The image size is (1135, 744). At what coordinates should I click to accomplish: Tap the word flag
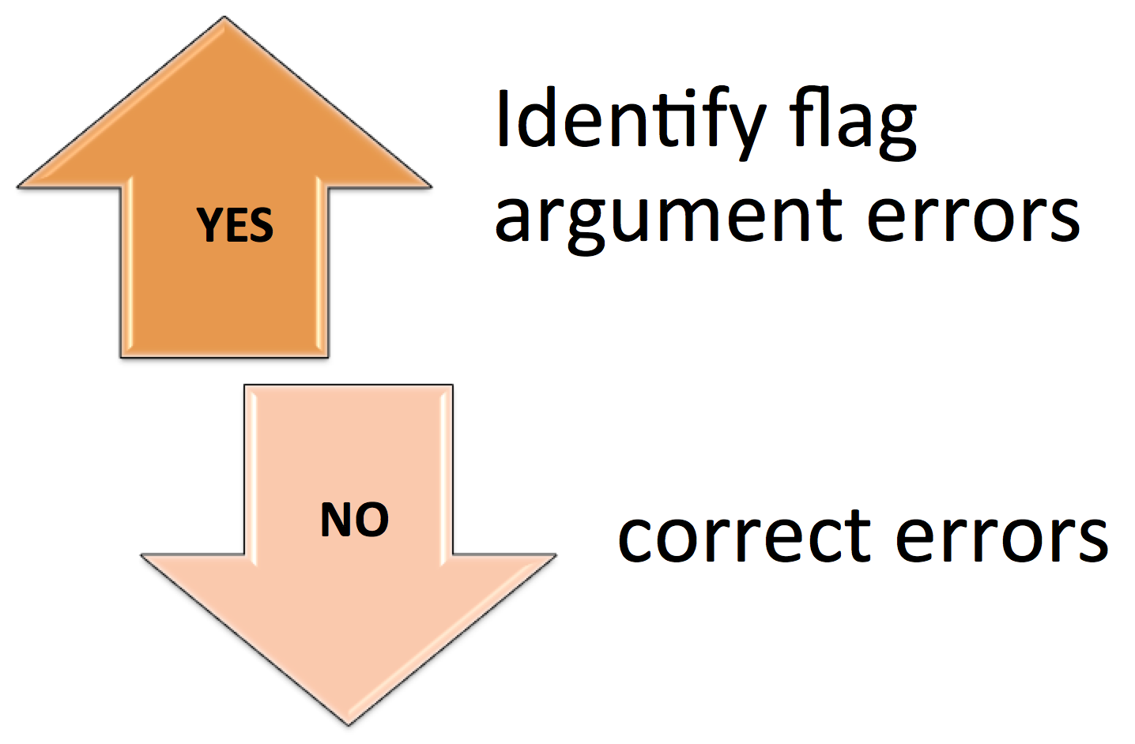coord(854,124)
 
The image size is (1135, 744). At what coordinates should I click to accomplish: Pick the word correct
coord(744,537)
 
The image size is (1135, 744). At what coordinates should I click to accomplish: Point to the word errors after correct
coord(1001,539)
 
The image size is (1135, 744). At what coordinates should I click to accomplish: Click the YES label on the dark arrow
coord(235,225)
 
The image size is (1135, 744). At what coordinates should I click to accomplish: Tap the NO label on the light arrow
coord(355,520)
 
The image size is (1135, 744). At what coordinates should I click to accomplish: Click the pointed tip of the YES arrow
coord(224,17)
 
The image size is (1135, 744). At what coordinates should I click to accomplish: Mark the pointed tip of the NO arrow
coord(349,725)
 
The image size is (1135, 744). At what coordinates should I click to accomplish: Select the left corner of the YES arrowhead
coord(18,187)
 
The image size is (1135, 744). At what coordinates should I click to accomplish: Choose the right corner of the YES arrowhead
coord(431,187)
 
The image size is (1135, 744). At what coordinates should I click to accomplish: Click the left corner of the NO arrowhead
coord(142,555)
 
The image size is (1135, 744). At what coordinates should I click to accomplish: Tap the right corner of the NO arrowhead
coord(556,555)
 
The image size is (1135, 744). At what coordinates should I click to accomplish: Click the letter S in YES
coord(262,225)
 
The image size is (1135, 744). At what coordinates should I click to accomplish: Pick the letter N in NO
coord(336,520)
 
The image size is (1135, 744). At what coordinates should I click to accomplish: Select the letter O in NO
coord(372,520)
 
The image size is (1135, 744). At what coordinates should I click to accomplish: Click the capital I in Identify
coord(503,117)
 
